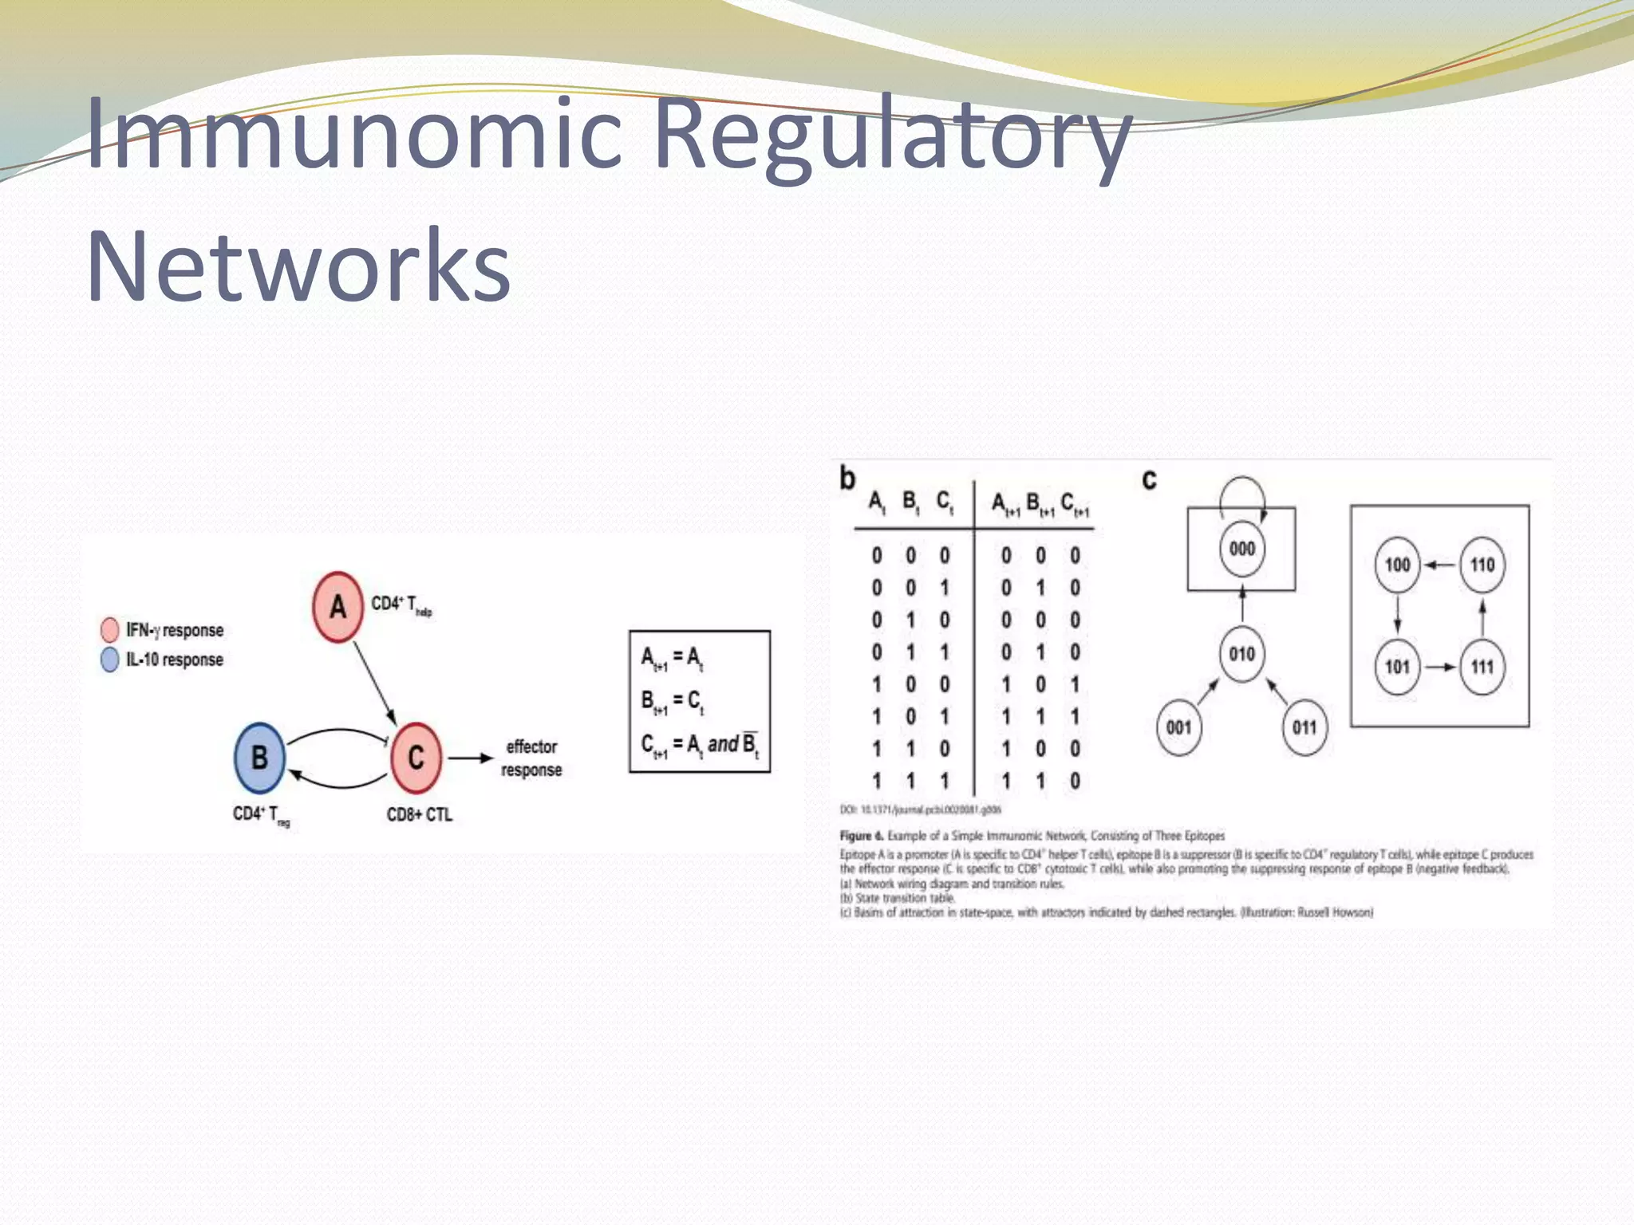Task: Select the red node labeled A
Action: pyautogui.click(x=337, y=607)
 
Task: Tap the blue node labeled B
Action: pyautogui.click(x=259, y=758)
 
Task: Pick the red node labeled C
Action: pyautogui.click(x=416, y=758)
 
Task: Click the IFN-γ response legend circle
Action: pyautogui.click(x=110, y=630)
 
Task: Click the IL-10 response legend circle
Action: pyautogui.click(x=110, y=660)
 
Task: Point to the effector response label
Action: pyautogui.click(x=531, y=758)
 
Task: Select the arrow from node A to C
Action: pyautogui.click(x=374, y=683)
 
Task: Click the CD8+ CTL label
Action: pyautogui.click(x=419, y=815)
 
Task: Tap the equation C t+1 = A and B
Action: pyautogui.click(x=700, y=745)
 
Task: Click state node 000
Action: pyautogui.click(x=1242, y=549)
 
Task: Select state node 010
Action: pyautogui.click(x=1242, y=654)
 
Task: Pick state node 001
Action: pyautogui.click(x=1178, y=727)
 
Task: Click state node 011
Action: pyautogui.click(x=1304, y=727)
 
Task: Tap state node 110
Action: pyautogui.click(x=1482, y=565)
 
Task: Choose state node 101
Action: pyautogui.click(x=1397, y=667)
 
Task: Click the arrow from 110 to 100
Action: pyautogui.click(x=1440, y=565)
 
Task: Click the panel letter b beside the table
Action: pyautogui.click(x=847, y=479)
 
